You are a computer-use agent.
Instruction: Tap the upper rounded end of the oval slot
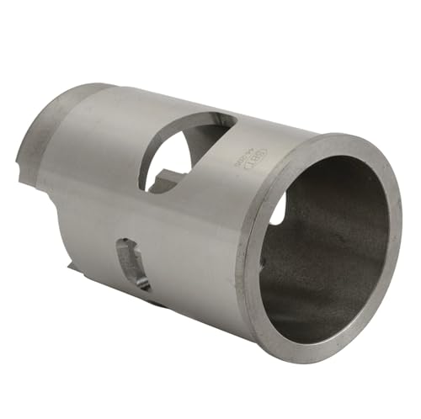(x=125, y=245)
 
